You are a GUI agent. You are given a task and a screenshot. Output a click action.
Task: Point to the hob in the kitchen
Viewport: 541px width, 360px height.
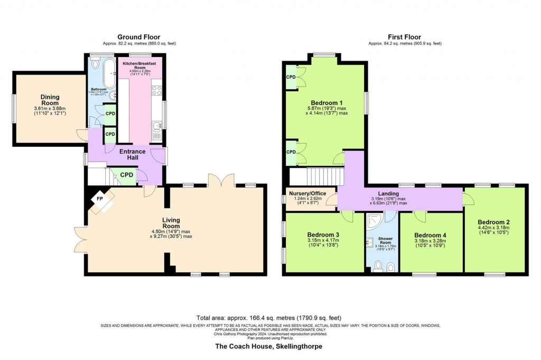156,90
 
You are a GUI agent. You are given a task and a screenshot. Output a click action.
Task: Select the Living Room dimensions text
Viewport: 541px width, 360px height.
171,233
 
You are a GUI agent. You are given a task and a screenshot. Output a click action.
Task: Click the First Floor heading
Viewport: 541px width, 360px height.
405,37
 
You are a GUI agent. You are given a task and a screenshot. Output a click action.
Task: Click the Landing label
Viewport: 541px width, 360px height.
388,194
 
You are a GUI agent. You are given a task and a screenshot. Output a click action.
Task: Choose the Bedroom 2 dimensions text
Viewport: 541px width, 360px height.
495,231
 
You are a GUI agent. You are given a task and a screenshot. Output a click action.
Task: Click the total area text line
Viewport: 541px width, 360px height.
269,318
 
